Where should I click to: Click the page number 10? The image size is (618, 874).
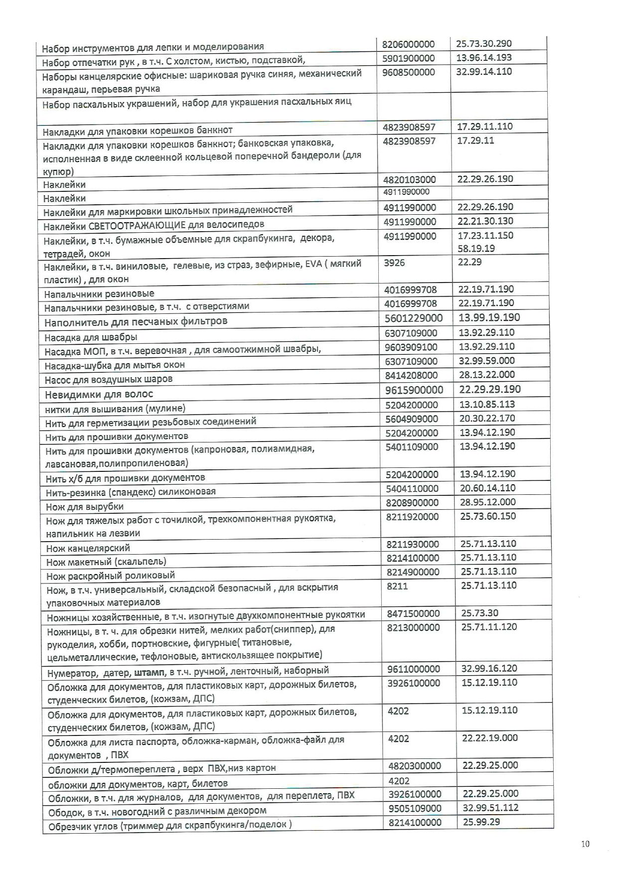coord(585,844)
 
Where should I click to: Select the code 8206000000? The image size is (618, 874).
coord(408,44)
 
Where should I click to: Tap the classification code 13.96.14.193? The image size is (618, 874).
coord(483,57)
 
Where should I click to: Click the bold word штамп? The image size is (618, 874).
coord(150,671)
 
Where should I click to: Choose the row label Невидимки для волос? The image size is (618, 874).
coord(99,394)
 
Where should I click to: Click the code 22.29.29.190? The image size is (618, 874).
coord(489,389)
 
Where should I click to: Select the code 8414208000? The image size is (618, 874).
coord(411,375)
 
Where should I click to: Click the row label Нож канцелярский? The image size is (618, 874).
coord(88,548)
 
